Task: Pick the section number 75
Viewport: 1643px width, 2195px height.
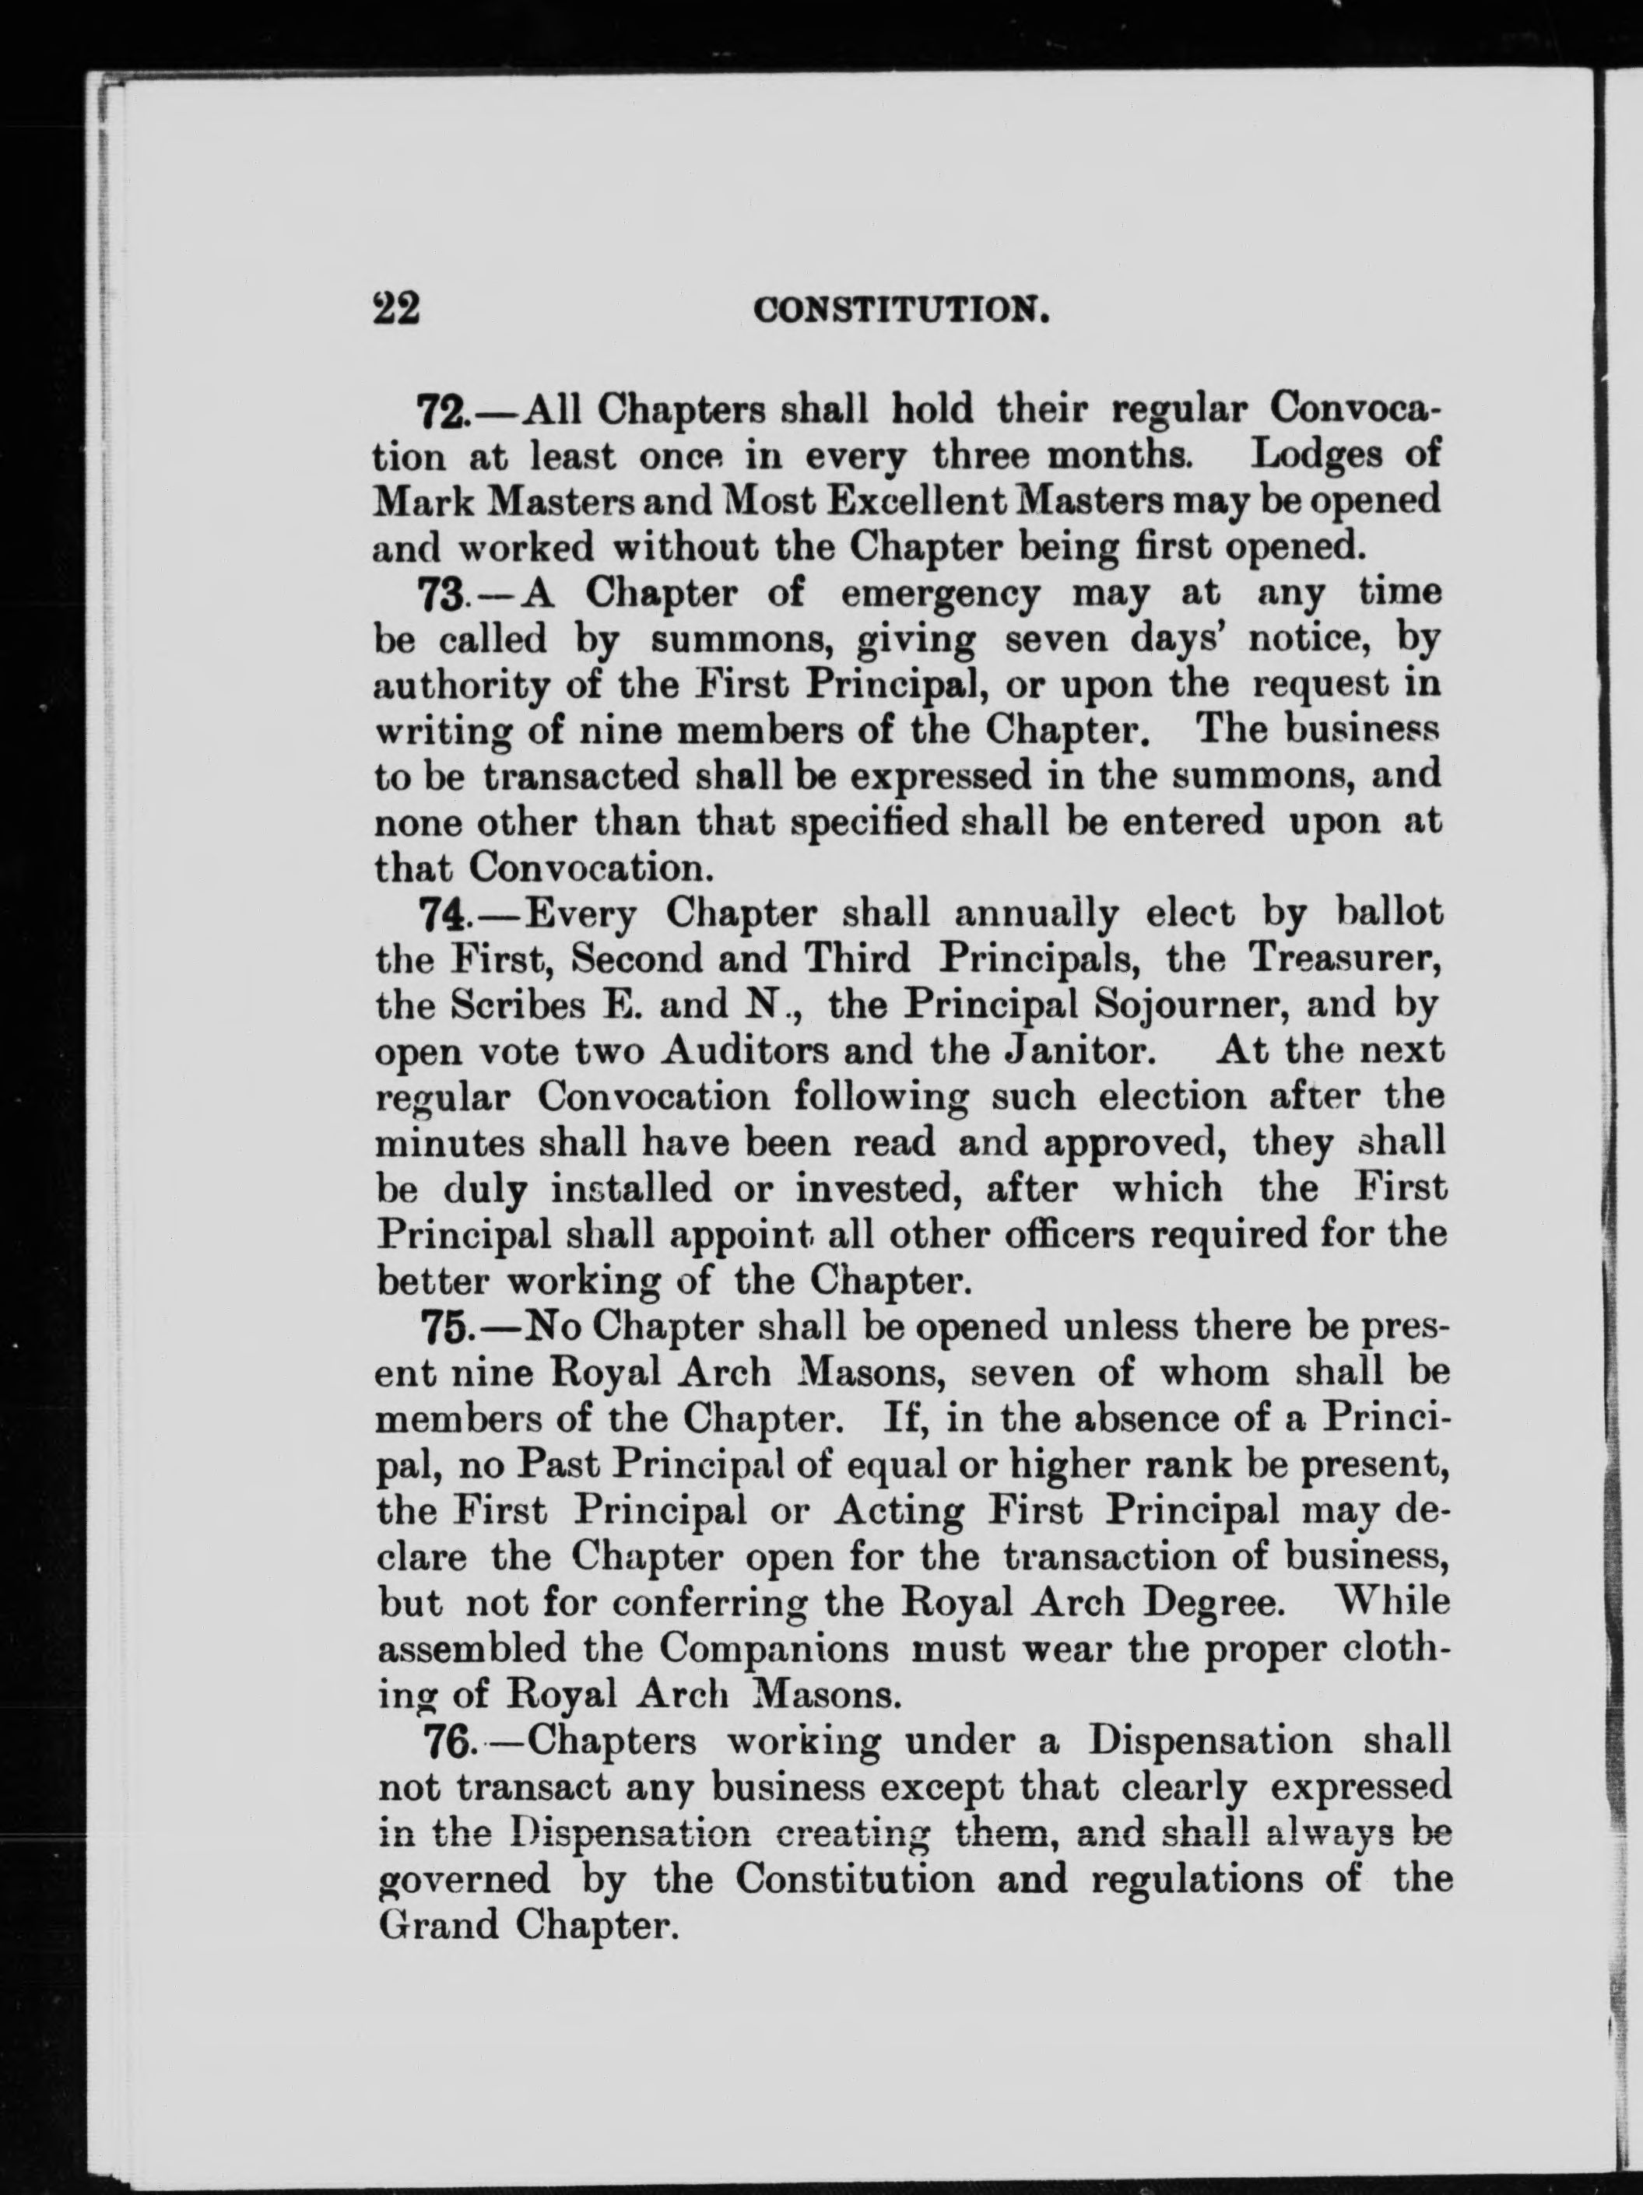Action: (444, 1327)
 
